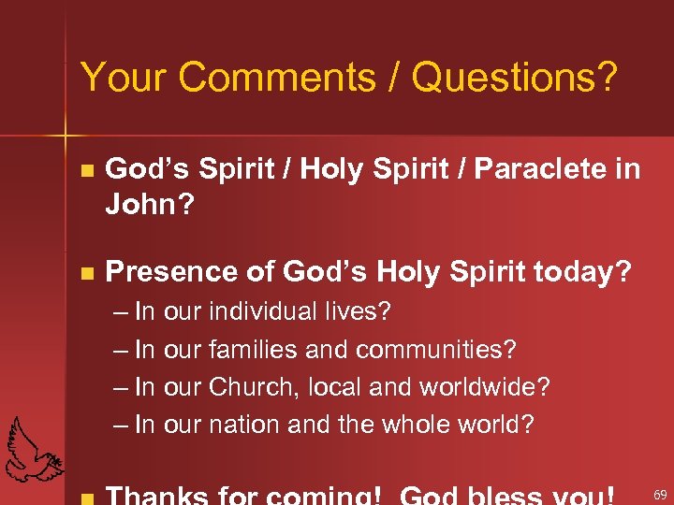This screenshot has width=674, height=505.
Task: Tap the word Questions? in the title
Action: pyautogui.click(x=514, y=79)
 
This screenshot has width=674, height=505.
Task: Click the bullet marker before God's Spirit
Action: pyautogui.click(x=87, y=171)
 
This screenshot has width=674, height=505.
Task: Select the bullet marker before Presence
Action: pyautogui.click(x=87, y=274)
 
